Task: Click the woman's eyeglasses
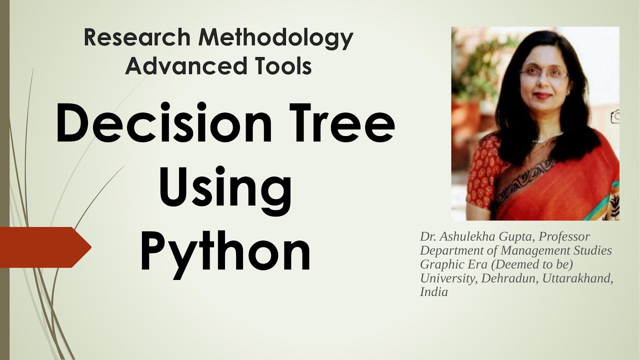(543, 74)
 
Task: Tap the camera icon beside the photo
(615, 117)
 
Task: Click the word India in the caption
(433, 292)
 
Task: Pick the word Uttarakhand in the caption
(576, 278)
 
